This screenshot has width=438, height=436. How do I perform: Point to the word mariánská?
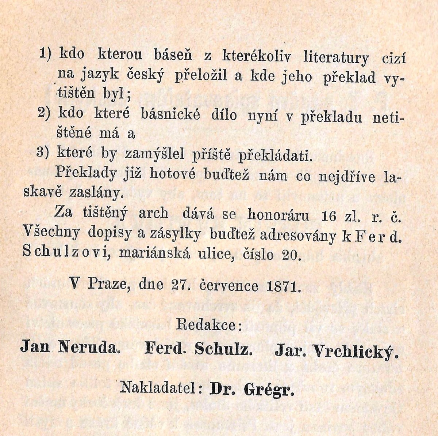point(155,253)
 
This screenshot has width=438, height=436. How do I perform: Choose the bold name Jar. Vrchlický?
point(336,351)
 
